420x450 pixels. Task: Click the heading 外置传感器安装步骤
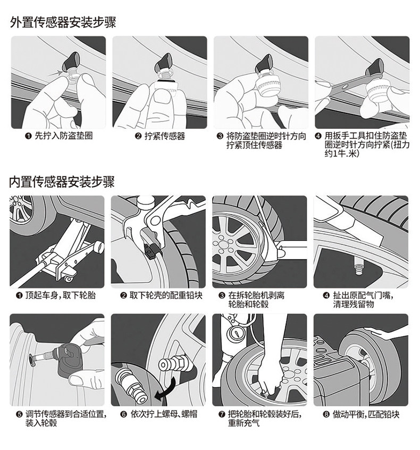click(63, 22)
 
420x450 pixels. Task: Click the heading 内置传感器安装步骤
click(62, 182)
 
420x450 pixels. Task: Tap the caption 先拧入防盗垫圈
click(64, 136)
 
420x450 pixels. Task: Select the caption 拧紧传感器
click(165, 136)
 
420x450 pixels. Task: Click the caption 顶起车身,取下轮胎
click(60, 296)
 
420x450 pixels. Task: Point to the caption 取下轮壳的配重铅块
click(165, 296)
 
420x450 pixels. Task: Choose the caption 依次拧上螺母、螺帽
click(164, 414)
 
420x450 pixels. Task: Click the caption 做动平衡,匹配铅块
click(366, 414)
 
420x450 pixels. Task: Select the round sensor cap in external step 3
click(267, 86)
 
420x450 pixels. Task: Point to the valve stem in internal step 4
click(358, 265)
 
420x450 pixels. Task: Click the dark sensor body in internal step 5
click(70, 360)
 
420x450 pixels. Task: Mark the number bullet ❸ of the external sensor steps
click(220, 136)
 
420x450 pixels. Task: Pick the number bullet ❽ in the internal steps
click(326, 414)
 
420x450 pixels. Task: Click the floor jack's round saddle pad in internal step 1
click(99, 247)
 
